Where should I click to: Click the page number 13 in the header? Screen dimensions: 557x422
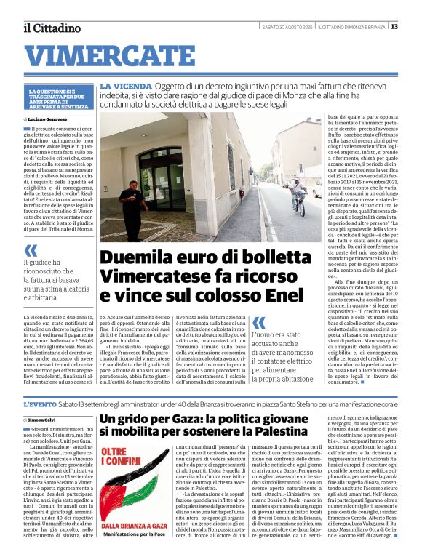coord(394,27)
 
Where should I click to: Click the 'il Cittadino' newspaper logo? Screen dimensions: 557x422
coord(52,28)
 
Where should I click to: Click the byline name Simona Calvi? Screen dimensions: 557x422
coord(42,420)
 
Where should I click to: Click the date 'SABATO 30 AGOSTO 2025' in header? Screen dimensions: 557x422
coord(289,28)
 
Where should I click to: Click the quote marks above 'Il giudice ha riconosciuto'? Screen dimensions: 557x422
coord(30,251)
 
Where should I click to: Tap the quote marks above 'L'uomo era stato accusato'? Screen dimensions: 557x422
coord(258,321)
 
